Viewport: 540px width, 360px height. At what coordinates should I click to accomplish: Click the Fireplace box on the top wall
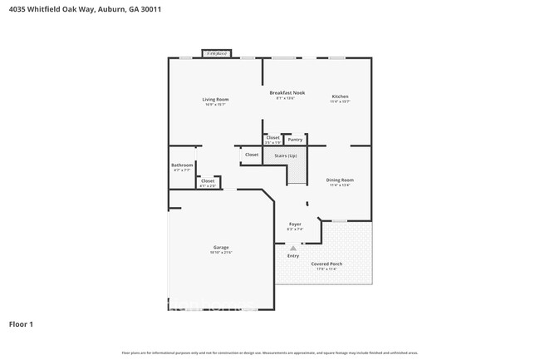pos(217,53)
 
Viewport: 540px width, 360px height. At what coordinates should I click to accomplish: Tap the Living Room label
pos(215,100)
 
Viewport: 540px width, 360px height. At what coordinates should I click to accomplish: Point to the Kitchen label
pos(340,96)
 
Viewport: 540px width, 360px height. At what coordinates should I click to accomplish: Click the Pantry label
pos(295,140)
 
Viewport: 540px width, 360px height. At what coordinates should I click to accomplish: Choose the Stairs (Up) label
pos(286,155)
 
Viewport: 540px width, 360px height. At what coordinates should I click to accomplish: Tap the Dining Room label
pos(340,180)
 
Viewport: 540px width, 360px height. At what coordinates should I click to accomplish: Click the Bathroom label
pos(182,165)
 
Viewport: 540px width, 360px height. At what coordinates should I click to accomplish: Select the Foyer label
pos(294,224)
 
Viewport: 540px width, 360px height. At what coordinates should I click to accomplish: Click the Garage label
pos(221,247)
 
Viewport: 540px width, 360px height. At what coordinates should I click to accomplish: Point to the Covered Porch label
pos(326,264)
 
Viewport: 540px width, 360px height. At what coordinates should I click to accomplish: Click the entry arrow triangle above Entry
pos(292,248)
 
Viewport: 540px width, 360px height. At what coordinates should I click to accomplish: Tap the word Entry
pos(293,256)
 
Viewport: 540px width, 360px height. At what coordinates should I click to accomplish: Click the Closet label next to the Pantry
pos(272,138)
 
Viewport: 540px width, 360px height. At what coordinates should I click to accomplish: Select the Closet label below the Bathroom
pos(208,180)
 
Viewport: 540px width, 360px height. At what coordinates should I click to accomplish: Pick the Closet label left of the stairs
pos(252,155)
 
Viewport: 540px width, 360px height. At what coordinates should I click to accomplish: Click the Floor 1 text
pos(21,323)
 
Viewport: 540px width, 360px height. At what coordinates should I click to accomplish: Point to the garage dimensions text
pos(221,253)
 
